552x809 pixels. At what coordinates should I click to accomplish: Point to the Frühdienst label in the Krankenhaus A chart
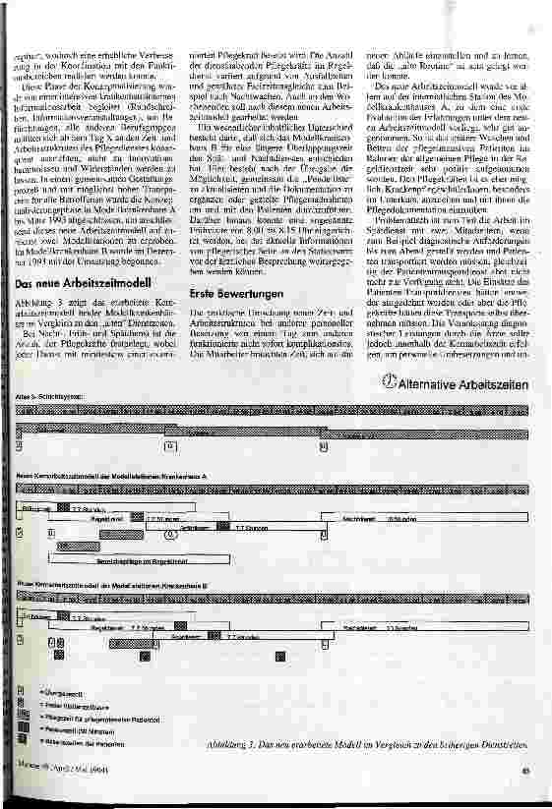(37, 508)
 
